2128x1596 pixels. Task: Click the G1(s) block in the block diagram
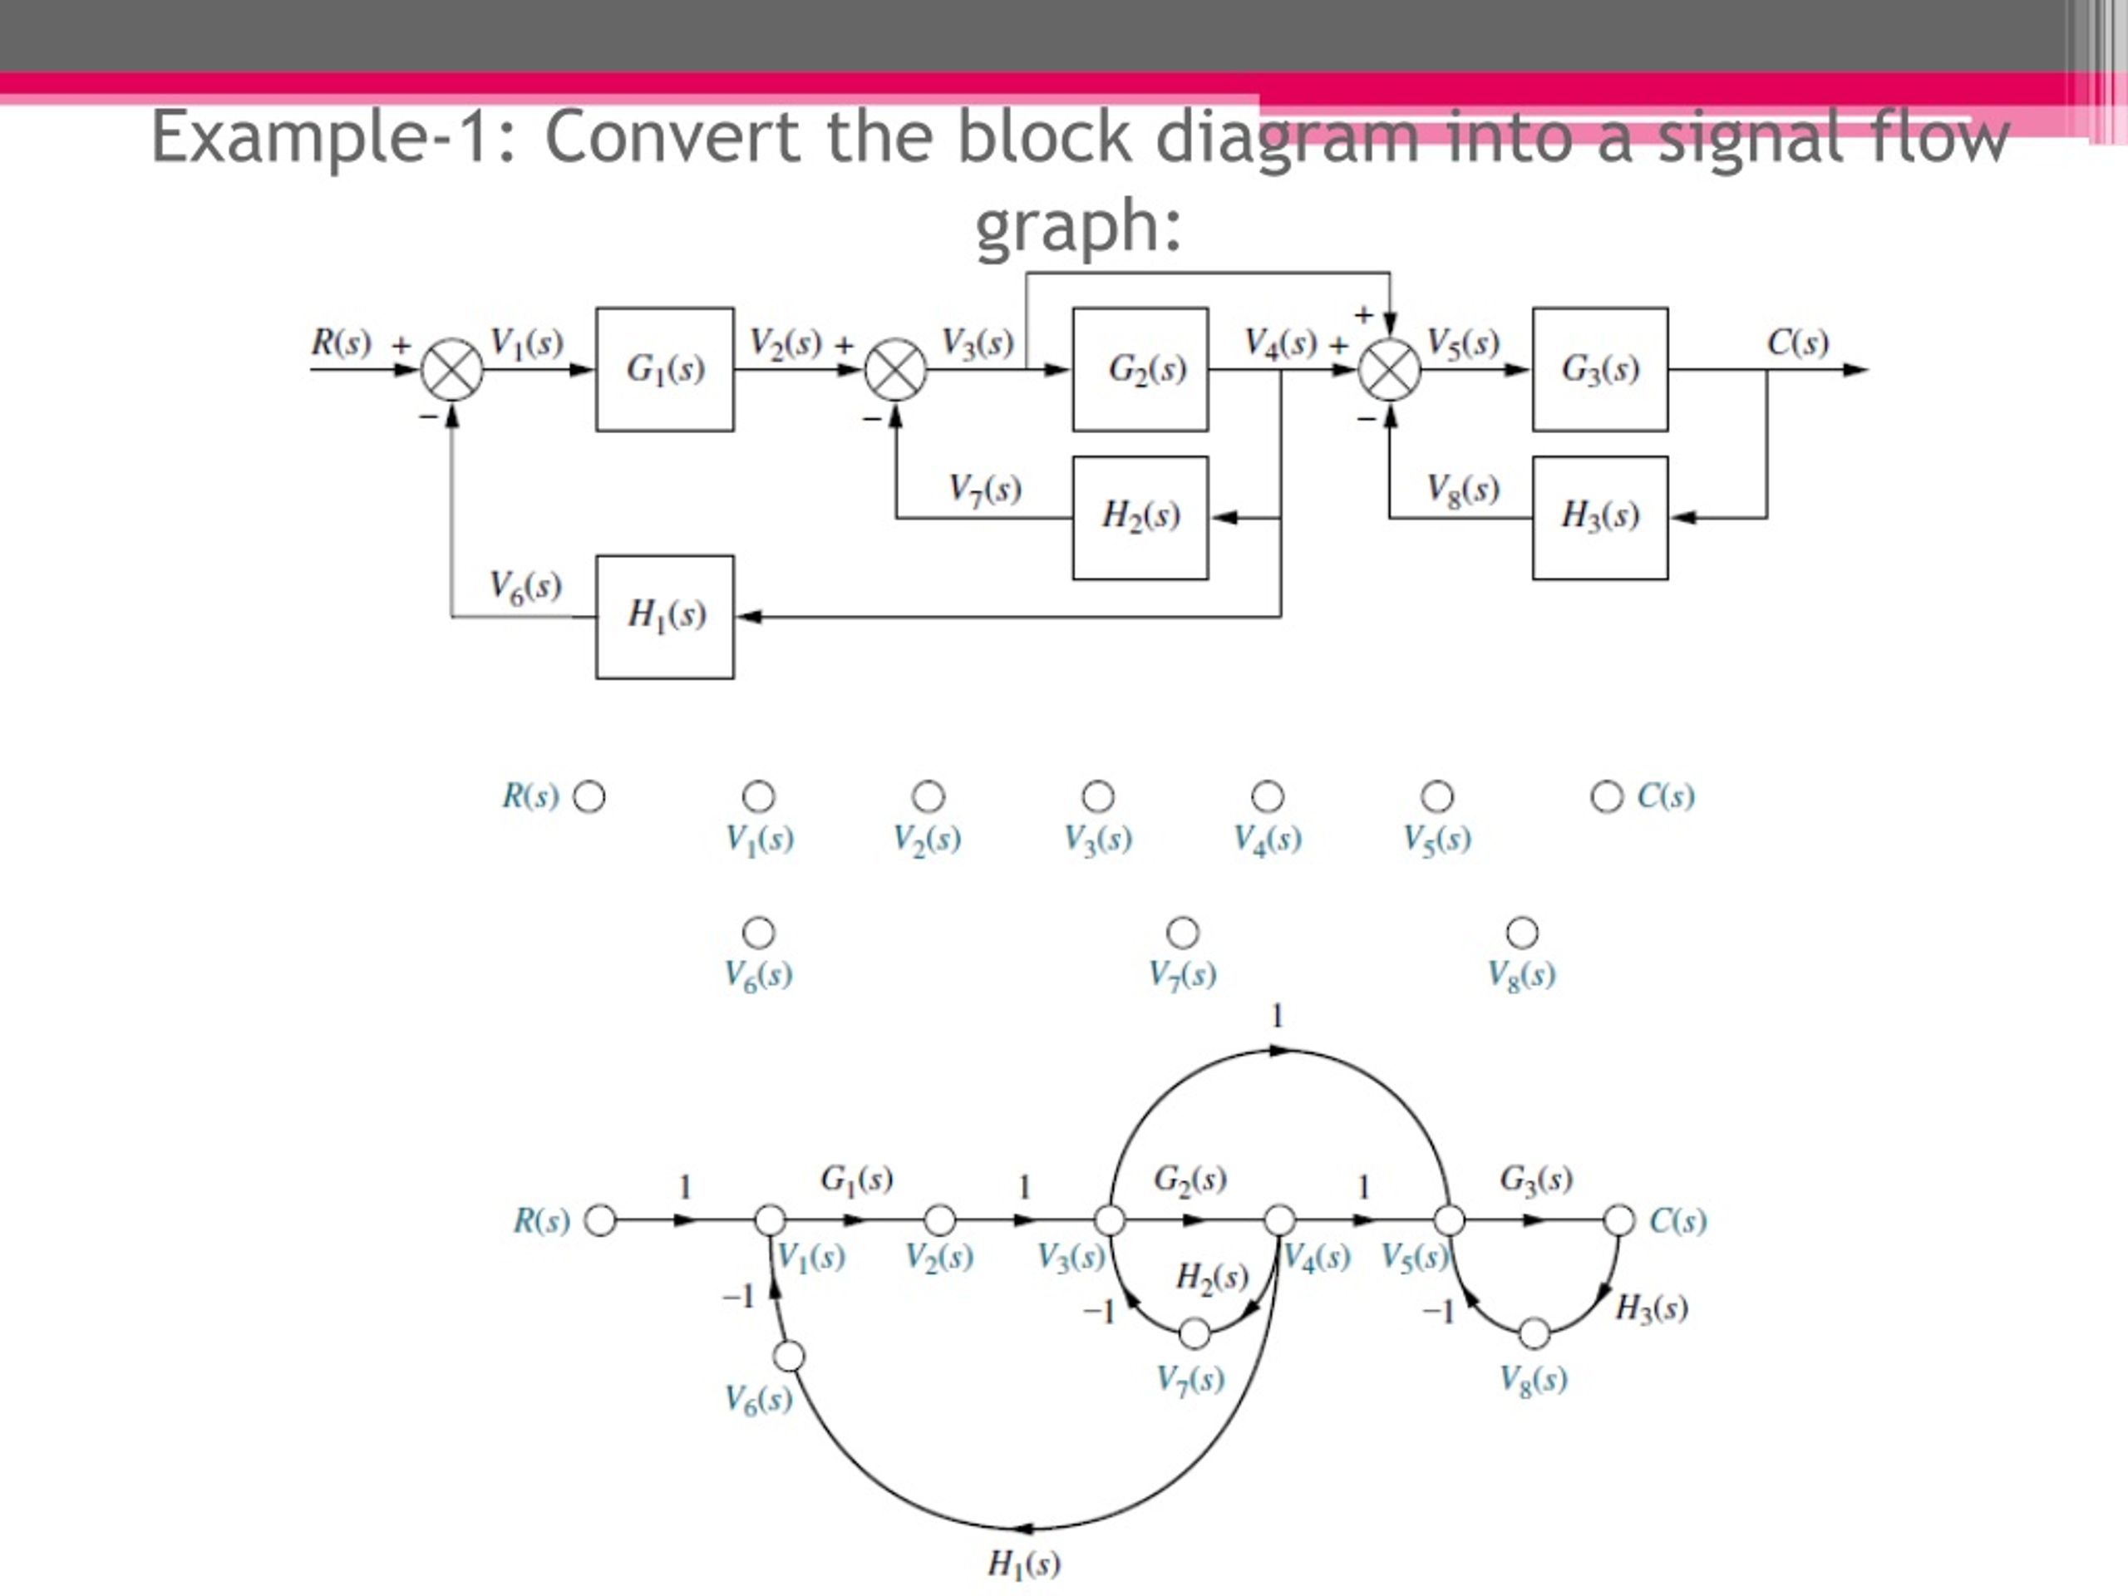point(664,369)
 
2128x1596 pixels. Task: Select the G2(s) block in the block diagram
point(1140,369)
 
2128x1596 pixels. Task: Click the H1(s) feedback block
point(664,617)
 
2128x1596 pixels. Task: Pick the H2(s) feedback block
point(1140,518)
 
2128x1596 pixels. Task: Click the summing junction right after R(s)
point(452,369)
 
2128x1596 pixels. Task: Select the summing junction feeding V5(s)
point(1389,369)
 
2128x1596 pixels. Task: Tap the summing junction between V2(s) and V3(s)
point(895,369)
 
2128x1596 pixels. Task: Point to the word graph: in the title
point(1077,226)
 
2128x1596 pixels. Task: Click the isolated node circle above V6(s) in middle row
point(758,932)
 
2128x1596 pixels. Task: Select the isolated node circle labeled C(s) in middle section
point(1606,796)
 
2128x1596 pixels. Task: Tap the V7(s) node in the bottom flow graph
point(1194,1333)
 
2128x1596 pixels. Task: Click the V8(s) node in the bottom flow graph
point(1534,1333)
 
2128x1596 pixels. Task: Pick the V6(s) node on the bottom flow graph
point(789,1357)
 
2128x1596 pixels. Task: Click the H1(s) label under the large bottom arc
point(1023,1564)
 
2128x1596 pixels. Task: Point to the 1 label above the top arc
point(1277,1016)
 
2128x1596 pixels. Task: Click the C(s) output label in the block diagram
point(1797,342)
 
